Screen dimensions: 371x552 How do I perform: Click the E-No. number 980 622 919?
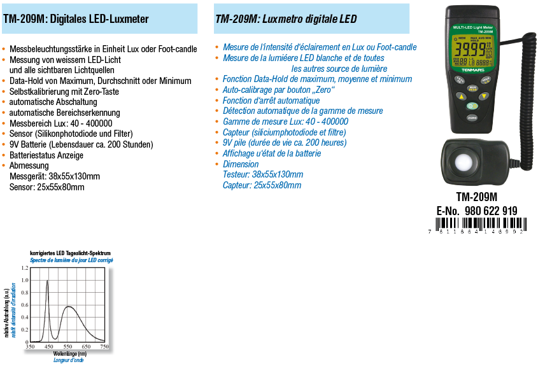point(490,211)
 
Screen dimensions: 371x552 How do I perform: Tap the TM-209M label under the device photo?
point(476,197)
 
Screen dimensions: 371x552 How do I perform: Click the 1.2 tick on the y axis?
point(25,268)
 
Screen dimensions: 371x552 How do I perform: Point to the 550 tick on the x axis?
point(67,347)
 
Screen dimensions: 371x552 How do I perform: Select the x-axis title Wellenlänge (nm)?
point(70,353)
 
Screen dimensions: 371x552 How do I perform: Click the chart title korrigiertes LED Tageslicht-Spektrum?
point(71,253)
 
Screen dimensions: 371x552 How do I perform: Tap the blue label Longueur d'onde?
point(69,360)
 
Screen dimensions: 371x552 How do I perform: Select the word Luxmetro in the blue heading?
point(280,19)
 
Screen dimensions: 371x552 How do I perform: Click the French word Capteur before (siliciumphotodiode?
point(236,132)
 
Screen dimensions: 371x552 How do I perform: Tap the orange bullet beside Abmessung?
point(4,166)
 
